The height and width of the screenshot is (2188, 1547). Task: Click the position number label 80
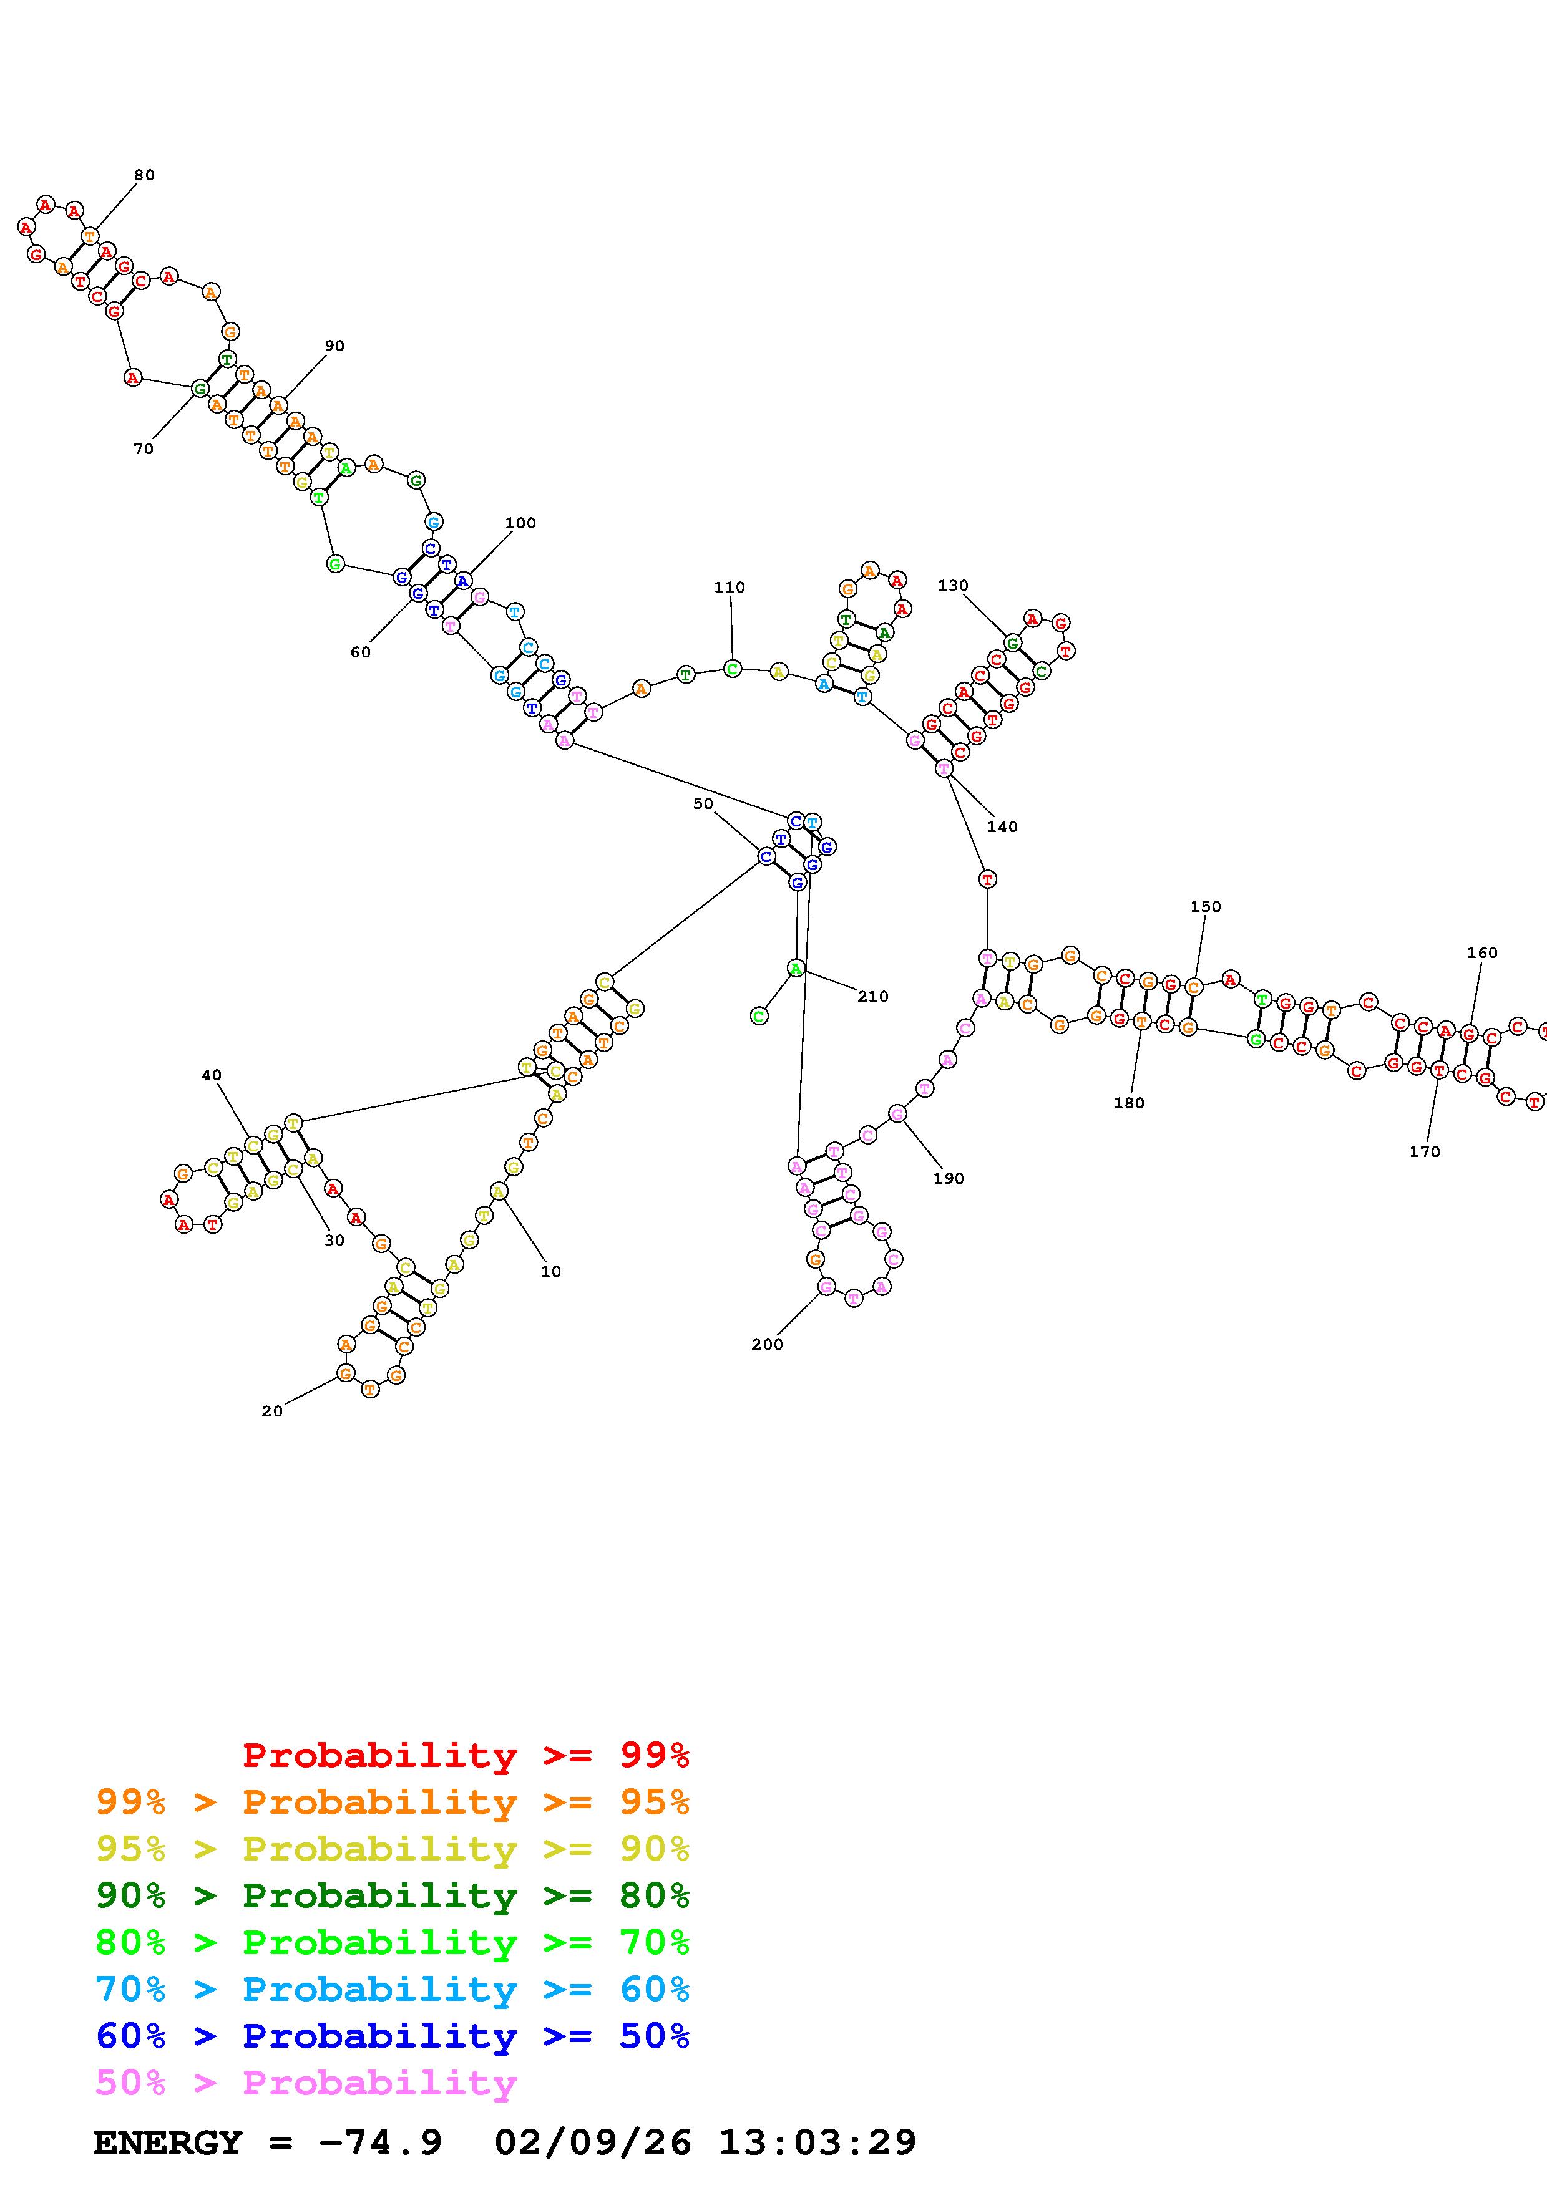(x=144, y=175)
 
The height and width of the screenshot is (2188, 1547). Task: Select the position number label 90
(x=334, y=346)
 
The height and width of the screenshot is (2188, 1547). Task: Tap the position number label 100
(x=520, y=523)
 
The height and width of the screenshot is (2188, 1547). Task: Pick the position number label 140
(x=1002, y=826)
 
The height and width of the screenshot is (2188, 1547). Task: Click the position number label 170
(x=1424, y=1151)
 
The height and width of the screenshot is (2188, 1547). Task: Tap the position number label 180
(x=1128, y=1103)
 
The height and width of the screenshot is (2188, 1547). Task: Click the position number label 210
(x=872, y=996)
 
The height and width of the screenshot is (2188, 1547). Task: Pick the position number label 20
(x=271, y=1411)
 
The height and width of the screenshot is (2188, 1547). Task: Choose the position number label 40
(x=212, y=1075)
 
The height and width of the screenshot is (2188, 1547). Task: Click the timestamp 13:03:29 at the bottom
(x=817, y=2142)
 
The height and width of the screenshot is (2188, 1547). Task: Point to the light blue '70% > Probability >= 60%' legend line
(x=393, y=1989)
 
